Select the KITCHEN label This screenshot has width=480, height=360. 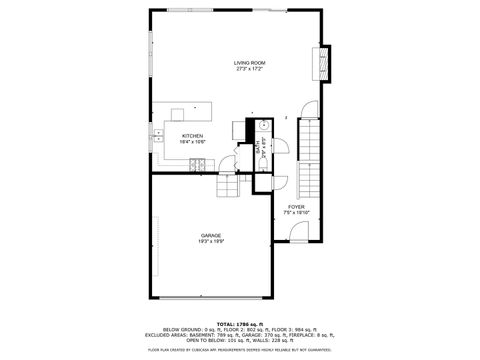point(192,136)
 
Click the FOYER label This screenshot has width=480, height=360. point(296,207)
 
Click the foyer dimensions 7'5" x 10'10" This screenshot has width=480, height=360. point(296,213)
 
